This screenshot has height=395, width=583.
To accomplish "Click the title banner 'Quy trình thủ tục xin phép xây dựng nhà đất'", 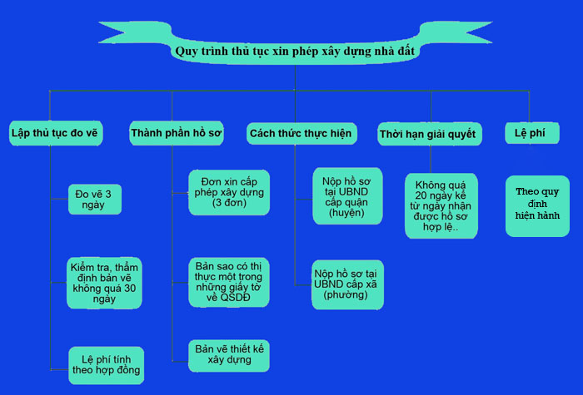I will click(x=295, y=51).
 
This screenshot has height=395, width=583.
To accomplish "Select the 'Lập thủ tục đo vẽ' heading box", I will click(x=56, y=132).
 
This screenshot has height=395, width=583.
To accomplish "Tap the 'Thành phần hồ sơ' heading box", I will click(x=177, y=133).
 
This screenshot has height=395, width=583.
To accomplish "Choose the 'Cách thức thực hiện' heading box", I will click(x=301, y=133).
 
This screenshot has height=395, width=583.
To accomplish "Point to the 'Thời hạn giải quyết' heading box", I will click(x=427, y=134).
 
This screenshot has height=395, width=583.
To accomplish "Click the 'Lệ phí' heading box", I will click(x=526, y=133).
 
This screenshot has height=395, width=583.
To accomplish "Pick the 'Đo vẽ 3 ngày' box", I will click(x=97, y=199).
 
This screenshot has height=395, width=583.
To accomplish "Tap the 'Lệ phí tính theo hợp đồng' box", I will click(x=105, y=363).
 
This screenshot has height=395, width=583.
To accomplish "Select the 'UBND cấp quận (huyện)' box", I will click(x=347, y=195).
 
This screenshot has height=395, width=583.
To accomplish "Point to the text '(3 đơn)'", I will click(x=228, y=202).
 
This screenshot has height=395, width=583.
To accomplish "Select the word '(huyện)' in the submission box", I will click(x=347, y=214).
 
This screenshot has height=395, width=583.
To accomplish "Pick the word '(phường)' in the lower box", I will click(x=347, y=294).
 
